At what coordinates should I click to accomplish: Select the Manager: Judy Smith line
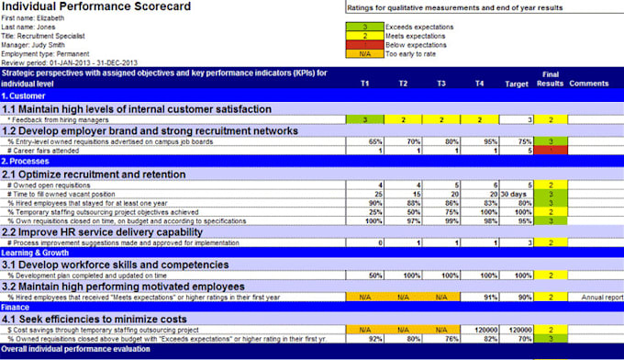[x=31, y=44]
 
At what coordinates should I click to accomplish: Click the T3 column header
[x=441, y=83]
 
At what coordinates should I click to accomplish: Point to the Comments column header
[x=588, y=83]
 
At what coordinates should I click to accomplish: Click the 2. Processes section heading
[x=28, y=162]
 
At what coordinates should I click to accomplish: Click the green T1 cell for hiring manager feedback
[x=364, y=119]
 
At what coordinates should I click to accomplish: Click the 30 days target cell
[x=515, y=195]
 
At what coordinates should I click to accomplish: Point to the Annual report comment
[x=601, y=297]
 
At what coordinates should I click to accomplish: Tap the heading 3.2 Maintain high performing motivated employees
[x=124, y=285]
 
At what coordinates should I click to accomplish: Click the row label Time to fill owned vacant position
[x=62, y=195]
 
